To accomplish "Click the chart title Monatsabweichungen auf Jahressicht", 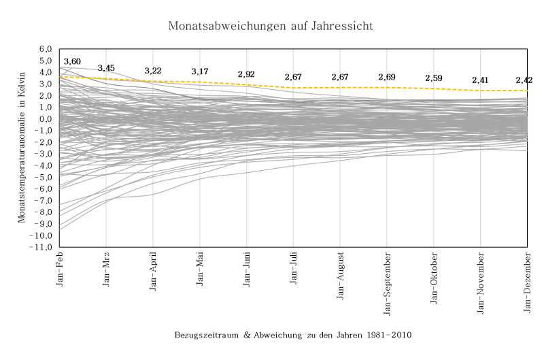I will [271, 26].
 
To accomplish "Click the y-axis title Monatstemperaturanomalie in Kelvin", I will [22, 148].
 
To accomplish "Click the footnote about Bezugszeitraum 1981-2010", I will [293, 336].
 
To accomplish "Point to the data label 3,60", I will [72, 62].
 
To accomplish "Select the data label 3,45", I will [107, 68].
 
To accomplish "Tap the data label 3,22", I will [153, 71].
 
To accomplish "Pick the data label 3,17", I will [200, 71].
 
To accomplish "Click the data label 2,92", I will [247, 74].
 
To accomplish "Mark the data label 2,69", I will [387, 77].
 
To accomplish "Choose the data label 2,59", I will [434, 78].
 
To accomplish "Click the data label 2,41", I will [481, 81].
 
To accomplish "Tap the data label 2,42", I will [524, 80].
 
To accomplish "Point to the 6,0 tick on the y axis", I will [46, 49].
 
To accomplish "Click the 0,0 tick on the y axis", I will [46, 119].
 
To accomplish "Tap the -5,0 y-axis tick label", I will [44, 178].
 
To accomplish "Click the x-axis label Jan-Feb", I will [60, 269].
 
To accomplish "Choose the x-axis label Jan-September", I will [387, 282].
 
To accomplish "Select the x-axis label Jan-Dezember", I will [528, 280].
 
